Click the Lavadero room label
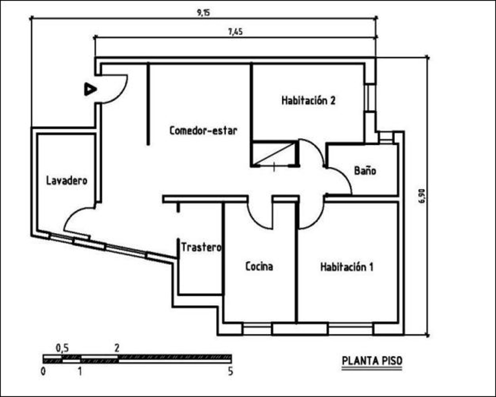(x=67, y=181)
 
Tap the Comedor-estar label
(x=203, y=131)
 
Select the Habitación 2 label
(x=309, y=100)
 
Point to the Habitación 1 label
(x=347, y=267)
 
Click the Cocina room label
(x=259, y=266)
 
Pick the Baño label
(x=365, y=170)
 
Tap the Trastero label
(x=201, y=247)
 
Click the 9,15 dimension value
(x=203, y=13)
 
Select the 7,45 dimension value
(x=235, y=32)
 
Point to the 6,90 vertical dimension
(x=423, y=197)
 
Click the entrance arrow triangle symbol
(x=90, y=89)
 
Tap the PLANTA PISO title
(x=372, y=361)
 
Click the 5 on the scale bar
(x=230, y=371)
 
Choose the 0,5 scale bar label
(x=62, y=348)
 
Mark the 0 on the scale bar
(x=43, y=371)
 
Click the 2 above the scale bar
(x=117, y=348)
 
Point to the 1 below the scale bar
(x=80, y=371)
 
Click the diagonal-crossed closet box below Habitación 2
(x=275, y=153)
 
